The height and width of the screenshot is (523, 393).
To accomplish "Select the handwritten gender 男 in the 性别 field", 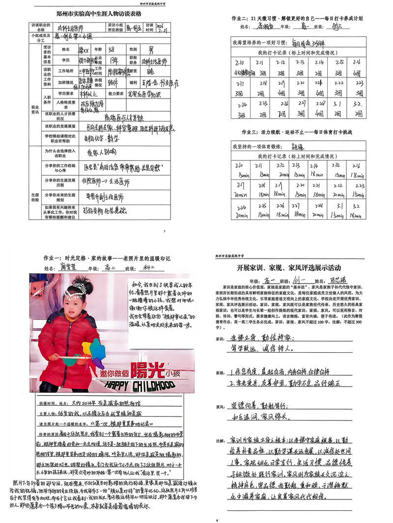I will point(151,49).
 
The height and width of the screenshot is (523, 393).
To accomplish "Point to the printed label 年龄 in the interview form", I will point(96,49).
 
